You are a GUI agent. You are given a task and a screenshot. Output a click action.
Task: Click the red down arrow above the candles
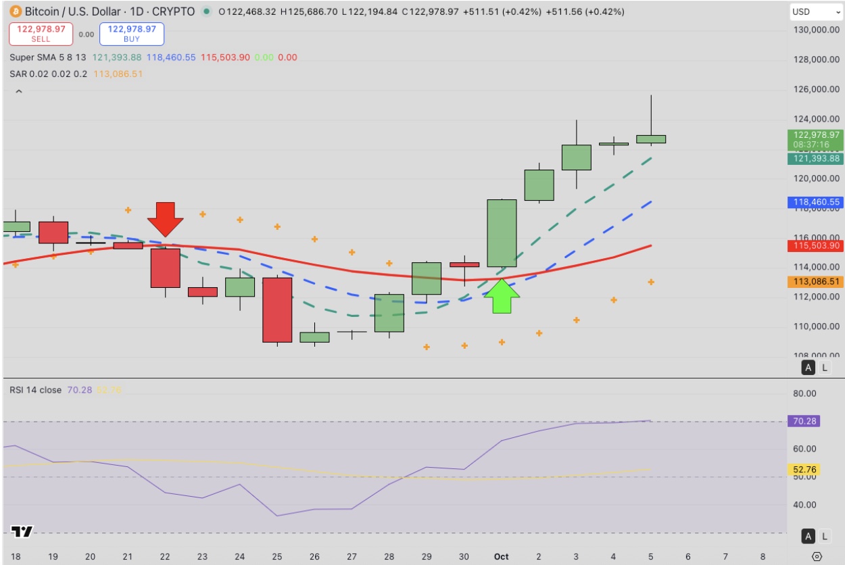tap(166, 218)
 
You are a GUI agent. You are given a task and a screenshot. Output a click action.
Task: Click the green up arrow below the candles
tap(502, 295)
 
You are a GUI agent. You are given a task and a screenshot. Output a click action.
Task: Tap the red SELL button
tap(41, 34)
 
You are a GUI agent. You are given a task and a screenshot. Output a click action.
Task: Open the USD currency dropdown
tap(816, 11)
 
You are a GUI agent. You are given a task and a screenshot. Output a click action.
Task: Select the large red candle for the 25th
tap(277, 310)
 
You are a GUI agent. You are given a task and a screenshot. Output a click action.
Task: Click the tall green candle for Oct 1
tap(502, 233)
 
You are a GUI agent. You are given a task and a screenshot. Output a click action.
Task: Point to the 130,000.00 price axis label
tap(816, 30)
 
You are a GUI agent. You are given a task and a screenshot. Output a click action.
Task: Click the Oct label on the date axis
tap(501, 556)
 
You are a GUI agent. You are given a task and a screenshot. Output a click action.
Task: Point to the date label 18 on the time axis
tap(16, 556)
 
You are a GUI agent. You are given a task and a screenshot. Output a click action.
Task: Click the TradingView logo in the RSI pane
tap(22, 532)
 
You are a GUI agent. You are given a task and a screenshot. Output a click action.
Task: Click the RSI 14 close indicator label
tap(35, 390)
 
